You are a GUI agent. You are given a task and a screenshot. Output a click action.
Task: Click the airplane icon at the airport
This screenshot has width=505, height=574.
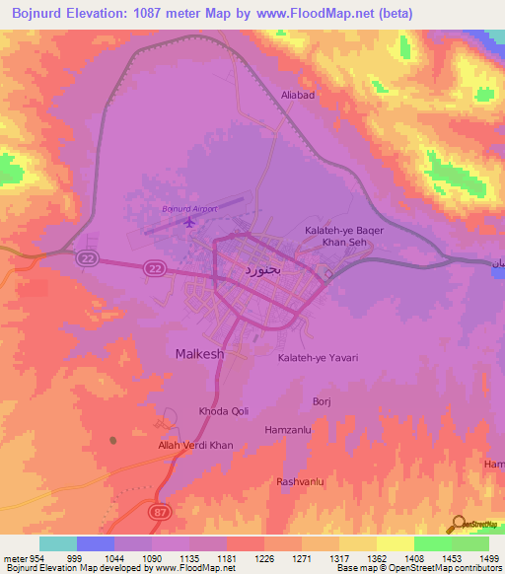[x=188, y=222]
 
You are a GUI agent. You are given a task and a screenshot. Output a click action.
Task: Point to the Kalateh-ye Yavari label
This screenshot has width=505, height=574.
[x=317, y=358]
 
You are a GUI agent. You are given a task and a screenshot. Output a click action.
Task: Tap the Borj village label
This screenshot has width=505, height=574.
[x=322, y=401]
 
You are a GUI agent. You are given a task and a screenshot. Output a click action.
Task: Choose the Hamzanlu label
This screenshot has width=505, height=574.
[x=287, y=430]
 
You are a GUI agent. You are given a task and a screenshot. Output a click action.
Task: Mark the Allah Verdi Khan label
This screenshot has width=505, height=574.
[x=195, y=446]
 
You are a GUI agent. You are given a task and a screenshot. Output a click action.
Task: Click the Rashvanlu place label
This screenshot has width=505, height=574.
[x=301, y=481]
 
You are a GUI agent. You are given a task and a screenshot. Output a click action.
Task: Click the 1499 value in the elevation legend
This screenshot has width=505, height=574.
[x=477, y=557]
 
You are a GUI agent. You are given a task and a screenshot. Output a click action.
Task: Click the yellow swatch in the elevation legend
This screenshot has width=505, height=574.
[x=395, y=543]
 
